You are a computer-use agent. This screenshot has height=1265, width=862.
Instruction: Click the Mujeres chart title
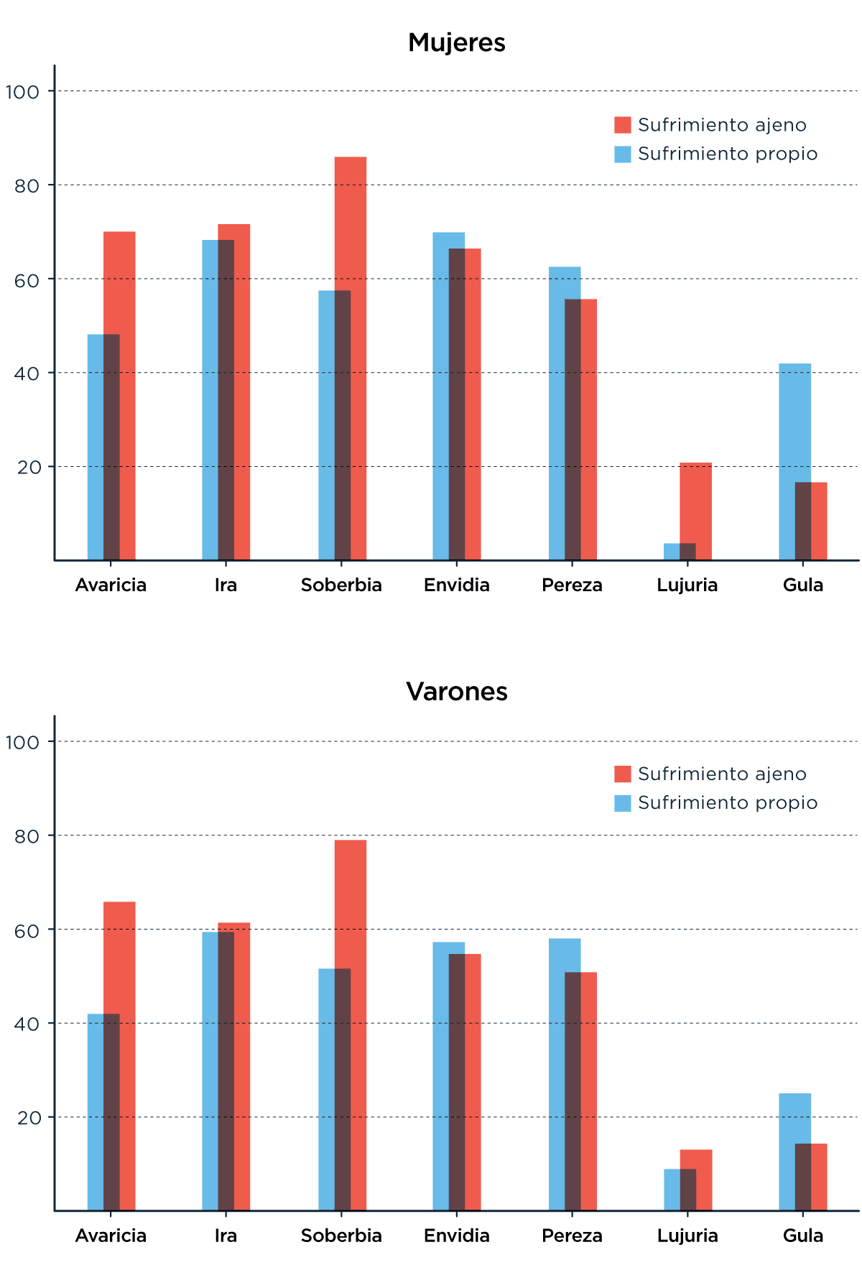tap(457, 42)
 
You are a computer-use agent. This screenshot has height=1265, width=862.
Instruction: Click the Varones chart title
tap(457, 691)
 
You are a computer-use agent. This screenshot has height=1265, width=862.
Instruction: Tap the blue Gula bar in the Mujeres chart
tap(794, 424)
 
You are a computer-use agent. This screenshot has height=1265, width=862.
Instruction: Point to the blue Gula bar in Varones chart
tap(794, 1121)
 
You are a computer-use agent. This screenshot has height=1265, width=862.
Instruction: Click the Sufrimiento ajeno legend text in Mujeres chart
tap(722, 125)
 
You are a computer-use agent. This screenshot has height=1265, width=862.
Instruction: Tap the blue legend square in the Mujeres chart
tap(623, 154)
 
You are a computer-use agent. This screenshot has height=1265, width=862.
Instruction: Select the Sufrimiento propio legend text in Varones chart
tap(728, 802)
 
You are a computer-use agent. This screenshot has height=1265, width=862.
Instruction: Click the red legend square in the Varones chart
tap(623, 774)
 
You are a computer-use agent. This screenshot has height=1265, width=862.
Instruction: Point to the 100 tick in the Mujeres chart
tap(22, 92)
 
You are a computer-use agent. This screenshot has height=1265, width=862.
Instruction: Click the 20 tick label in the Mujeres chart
tap(29, 468)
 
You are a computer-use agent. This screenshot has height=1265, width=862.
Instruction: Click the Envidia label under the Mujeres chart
tap(457, 585)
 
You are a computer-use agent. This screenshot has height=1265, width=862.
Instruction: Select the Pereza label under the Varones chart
tap(572, 1236)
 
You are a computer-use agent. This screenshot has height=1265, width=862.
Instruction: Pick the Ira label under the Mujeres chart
tap(226, 585)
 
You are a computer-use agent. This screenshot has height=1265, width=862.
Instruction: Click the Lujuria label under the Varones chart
tap(687, 1236)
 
